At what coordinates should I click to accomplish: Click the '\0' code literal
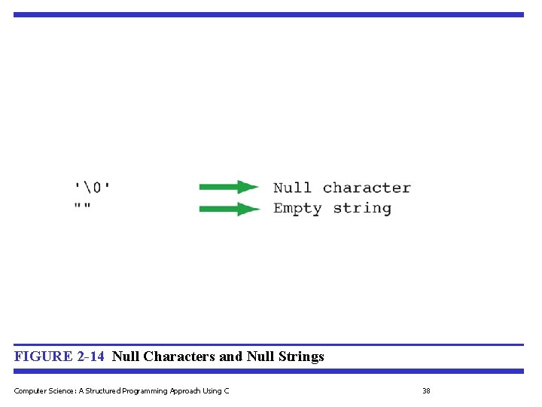(x=96, y=187)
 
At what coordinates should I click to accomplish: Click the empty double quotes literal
(x=82, y=207)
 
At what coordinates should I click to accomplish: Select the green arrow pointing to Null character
(x=229, y=187)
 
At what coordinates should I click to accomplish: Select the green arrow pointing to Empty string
(x=229, y=209)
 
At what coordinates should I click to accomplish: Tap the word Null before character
(x=292, y=188)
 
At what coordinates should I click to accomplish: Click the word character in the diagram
(x=367, y=188)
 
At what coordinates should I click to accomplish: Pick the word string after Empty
(x=362, y=209)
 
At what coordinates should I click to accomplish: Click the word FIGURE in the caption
(x=44, y=357)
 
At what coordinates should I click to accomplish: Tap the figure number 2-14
(x=90, y=357)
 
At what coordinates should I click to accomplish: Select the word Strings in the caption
(x=300, y=357)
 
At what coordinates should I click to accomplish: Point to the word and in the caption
(x=231, y=357)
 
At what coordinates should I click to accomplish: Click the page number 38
(x=426, y=390)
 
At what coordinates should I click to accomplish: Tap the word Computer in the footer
(x=29, y=390)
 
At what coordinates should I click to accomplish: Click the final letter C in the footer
(x=227, y=390)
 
